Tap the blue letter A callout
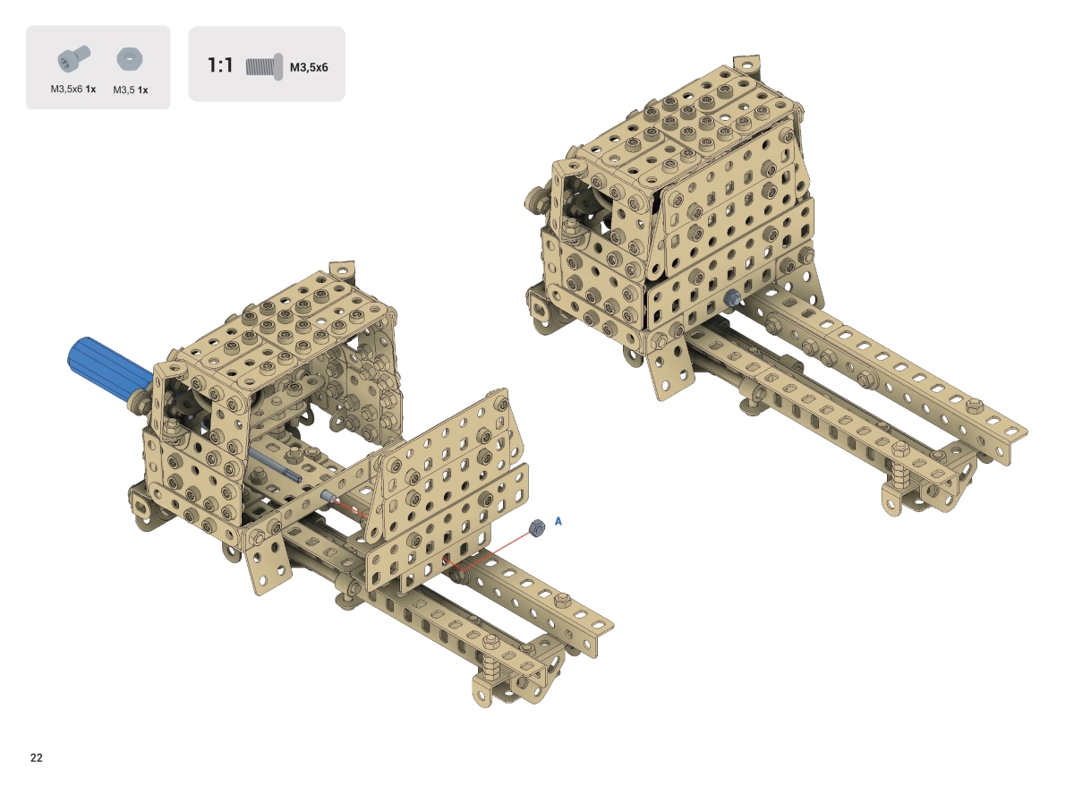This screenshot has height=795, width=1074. (x=558, y=521)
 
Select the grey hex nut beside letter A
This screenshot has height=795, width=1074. (x=536, y=527)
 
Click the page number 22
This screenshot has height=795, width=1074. (x=37, y=758)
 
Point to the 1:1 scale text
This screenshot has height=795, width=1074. (x=220, y=65)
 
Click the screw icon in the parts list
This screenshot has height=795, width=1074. (x=73, y=58)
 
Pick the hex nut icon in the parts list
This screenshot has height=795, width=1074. (x=130, y=59)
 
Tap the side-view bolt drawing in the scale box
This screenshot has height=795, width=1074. (x=264, y=67)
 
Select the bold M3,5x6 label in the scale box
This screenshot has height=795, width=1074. (x=309, y=67)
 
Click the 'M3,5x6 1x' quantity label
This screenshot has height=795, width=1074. (x=73, y=90)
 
